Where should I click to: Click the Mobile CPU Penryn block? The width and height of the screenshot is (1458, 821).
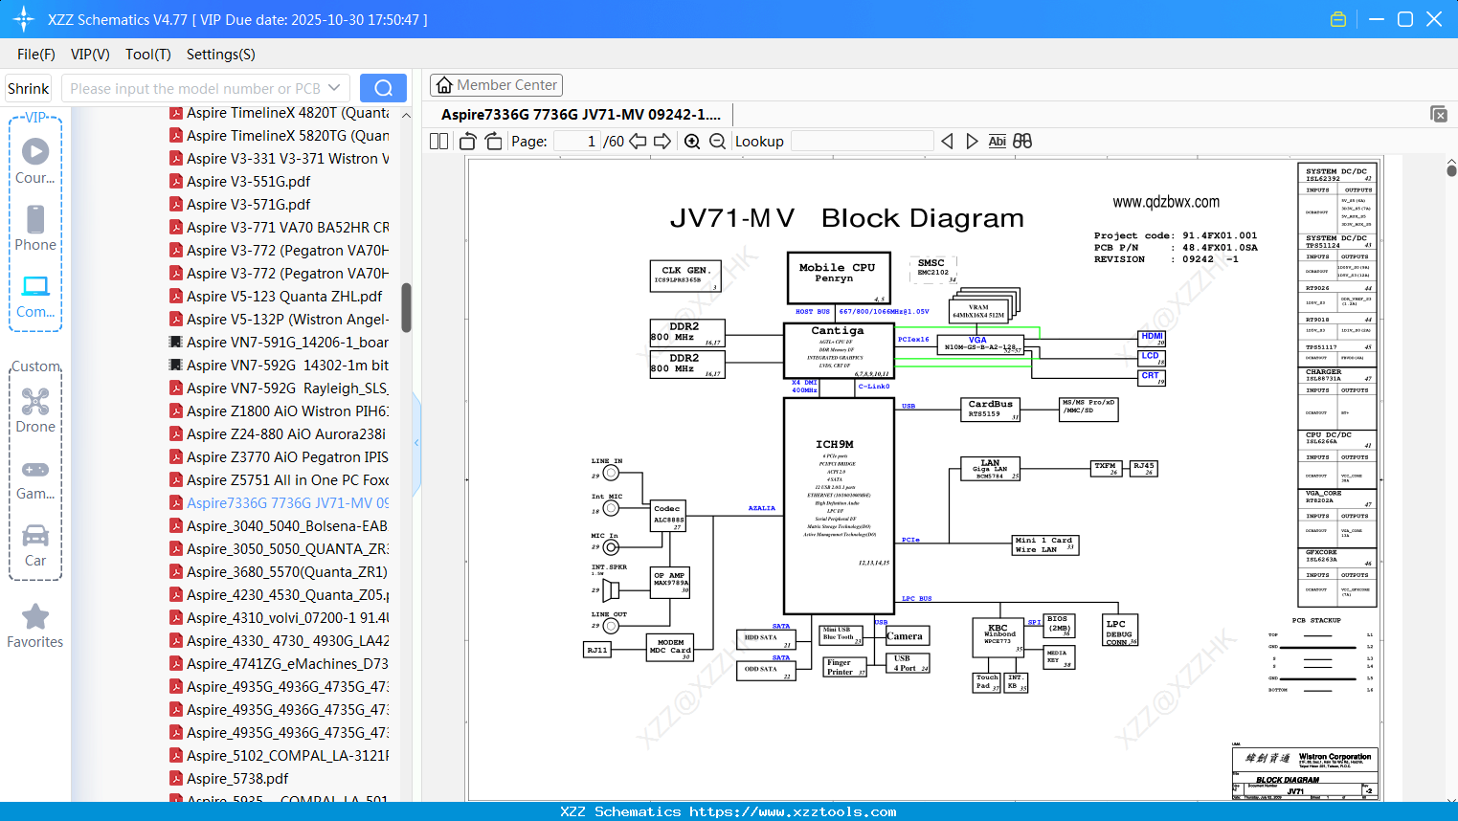[839, 277]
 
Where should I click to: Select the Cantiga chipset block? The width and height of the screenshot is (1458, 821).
[838, 350]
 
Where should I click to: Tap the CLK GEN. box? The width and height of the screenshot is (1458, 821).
[685, 276]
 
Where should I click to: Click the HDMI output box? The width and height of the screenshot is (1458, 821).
[1152, 337]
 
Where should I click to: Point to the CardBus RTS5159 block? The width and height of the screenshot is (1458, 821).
[990, 410]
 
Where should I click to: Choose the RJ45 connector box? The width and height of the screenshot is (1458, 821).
[1144, 468]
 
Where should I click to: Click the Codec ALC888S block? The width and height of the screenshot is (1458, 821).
[668, 515]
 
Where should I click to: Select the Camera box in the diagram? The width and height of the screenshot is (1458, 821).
[905, 636]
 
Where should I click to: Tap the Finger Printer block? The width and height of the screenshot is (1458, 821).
[844, 667]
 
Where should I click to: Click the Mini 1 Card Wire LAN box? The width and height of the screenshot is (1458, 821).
[1045, 545]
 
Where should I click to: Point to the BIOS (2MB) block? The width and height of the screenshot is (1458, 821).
[1059, 625]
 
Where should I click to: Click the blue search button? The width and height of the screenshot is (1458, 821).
[383, 88]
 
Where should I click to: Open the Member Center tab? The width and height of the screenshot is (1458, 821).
[496, 85]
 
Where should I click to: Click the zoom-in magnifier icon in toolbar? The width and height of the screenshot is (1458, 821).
[692, 142]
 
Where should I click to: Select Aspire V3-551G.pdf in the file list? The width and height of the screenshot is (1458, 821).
[248, 182]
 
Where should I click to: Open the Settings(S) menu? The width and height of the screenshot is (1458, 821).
[220, 55]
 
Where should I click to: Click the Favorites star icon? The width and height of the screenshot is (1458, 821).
[35, 617]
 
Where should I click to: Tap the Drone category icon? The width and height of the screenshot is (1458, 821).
[35, 402]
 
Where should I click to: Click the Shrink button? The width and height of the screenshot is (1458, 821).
[28, 88]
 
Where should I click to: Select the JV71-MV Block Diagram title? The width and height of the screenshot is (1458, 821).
[846, 218]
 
